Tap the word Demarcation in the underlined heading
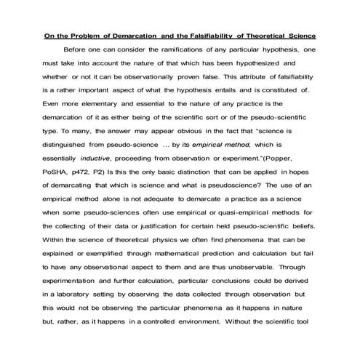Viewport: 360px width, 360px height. click(x=139, y=34)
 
